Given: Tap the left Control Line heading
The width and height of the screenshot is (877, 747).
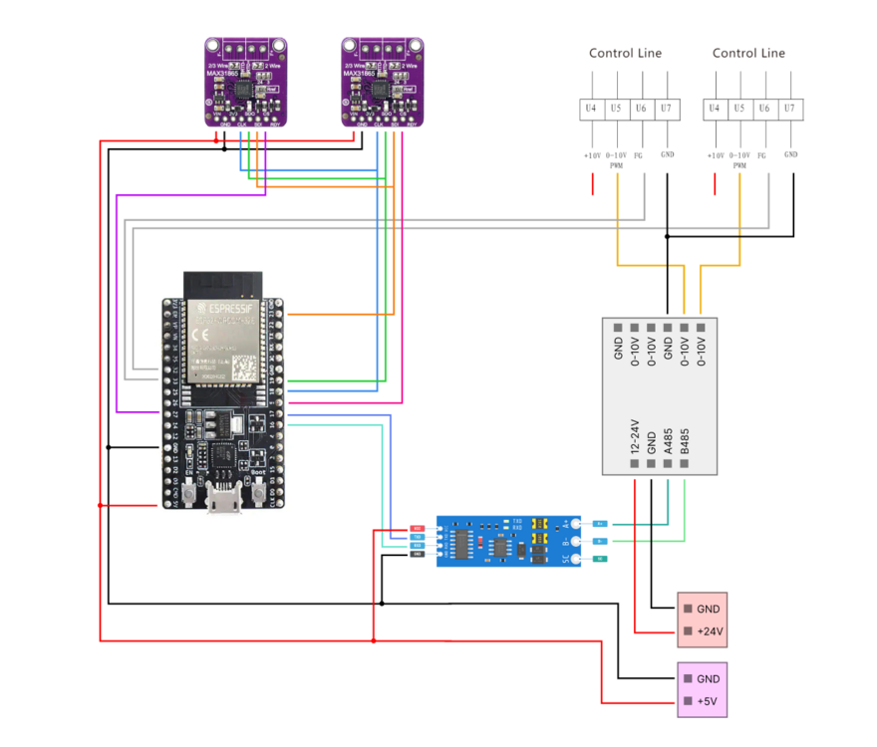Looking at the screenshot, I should pos(625,53).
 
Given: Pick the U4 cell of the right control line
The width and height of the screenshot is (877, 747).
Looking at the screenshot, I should pos(715,107).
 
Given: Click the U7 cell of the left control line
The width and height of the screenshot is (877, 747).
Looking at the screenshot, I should pos(666,107).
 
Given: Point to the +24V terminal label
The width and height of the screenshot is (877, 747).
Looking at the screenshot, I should pos(711,631).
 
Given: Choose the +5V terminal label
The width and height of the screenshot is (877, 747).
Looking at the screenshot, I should pos(708,702).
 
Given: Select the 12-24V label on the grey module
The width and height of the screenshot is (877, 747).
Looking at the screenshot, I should pos(635,437).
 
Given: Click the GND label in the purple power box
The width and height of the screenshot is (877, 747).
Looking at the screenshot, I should pos(709,678).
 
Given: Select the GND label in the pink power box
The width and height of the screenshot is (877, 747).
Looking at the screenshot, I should pos(709,608).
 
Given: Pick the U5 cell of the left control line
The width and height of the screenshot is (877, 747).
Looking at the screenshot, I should pos(616,107).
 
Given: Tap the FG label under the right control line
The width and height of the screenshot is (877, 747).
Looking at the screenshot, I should pos(763,155).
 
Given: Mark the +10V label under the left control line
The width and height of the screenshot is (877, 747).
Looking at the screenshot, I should pos(592,155).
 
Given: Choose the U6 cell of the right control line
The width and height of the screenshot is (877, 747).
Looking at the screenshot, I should pos(763,107).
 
